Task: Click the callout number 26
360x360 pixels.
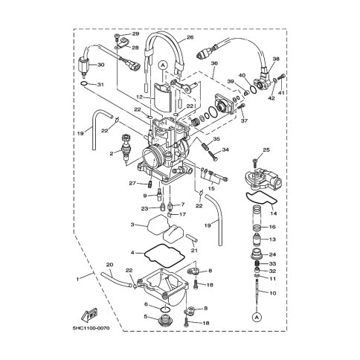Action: tap(190, 37)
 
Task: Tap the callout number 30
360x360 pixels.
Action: tap(100, 65)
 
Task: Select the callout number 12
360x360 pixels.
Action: tap(140, 97)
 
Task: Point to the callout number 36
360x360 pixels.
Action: tap(214, 63)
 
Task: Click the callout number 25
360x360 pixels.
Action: tap(266, 150)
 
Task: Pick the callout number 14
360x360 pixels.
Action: tap(274, 213)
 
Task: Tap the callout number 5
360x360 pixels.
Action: tap(146, 316)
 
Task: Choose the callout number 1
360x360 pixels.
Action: tap(77, 279)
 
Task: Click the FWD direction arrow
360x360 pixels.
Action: tap(89, 315)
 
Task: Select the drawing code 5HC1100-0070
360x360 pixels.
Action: tap(91, 328)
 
